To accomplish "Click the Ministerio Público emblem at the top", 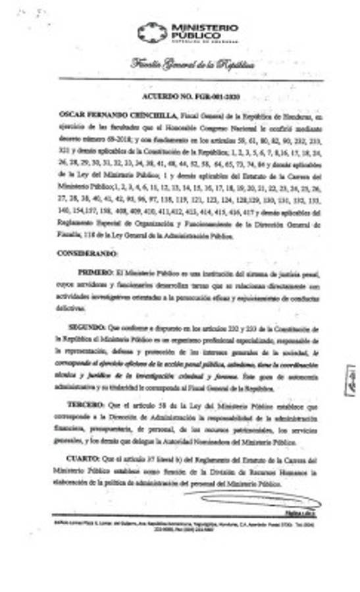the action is coord(152,32).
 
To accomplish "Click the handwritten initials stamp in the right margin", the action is coord(349,380).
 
